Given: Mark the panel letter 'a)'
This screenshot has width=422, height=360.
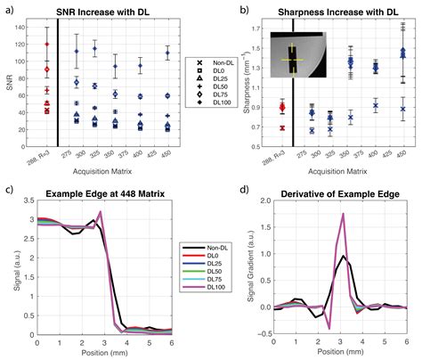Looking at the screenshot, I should click(x=8, y=8).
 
